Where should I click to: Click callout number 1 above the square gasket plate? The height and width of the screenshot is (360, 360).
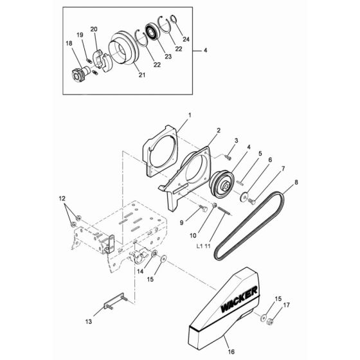172,115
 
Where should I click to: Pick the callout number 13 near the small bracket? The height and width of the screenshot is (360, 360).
88,319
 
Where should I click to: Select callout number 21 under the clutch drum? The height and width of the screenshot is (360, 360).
141,75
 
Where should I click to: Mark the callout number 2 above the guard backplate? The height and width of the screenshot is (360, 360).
201,129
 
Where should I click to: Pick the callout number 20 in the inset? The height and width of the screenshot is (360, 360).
94,30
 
